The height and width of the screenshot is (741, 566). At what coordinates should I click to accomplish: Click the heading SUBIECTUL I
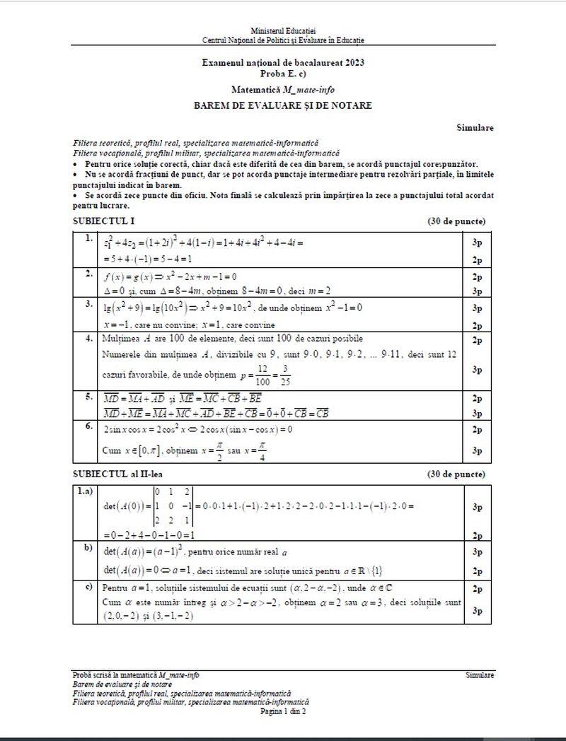(x=103, y=221)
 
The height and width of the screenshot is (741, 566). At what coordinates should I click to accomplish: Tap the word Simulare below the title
(x=475, y=128)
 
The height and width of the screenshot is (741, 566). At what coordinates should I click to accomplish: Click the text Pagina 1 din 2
(x=283, y=711)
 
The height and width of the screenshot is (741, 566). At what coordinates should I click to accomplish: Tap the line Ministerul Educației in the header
(x=283, y=33)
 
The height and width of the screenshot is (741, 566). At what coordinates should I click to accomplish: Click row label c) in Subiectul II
(x=88, y=587)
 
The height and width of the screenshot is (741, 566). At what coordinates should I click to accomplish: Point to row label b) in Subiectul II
(x=88, y=547)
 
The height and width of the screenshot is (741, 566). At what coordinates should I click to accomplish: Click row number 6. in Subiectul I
(x=88, y=426)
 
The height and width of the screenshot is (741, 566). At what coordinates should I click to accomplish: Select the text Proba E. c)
(x=283, y=73)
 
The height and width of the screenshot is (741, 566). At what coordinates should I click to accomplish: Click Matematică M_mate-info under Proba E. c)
(x=283, y=90)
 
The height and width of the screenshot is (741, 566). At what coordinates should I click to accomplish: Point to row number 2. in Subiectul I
(x=88, y=273)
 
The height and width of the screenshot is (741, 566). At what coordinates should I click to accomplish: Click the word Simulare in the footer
(x=480, y=675)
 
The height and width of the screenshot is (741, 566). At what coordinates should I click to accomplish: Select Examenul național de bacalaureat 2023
(x=283, y=64)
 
